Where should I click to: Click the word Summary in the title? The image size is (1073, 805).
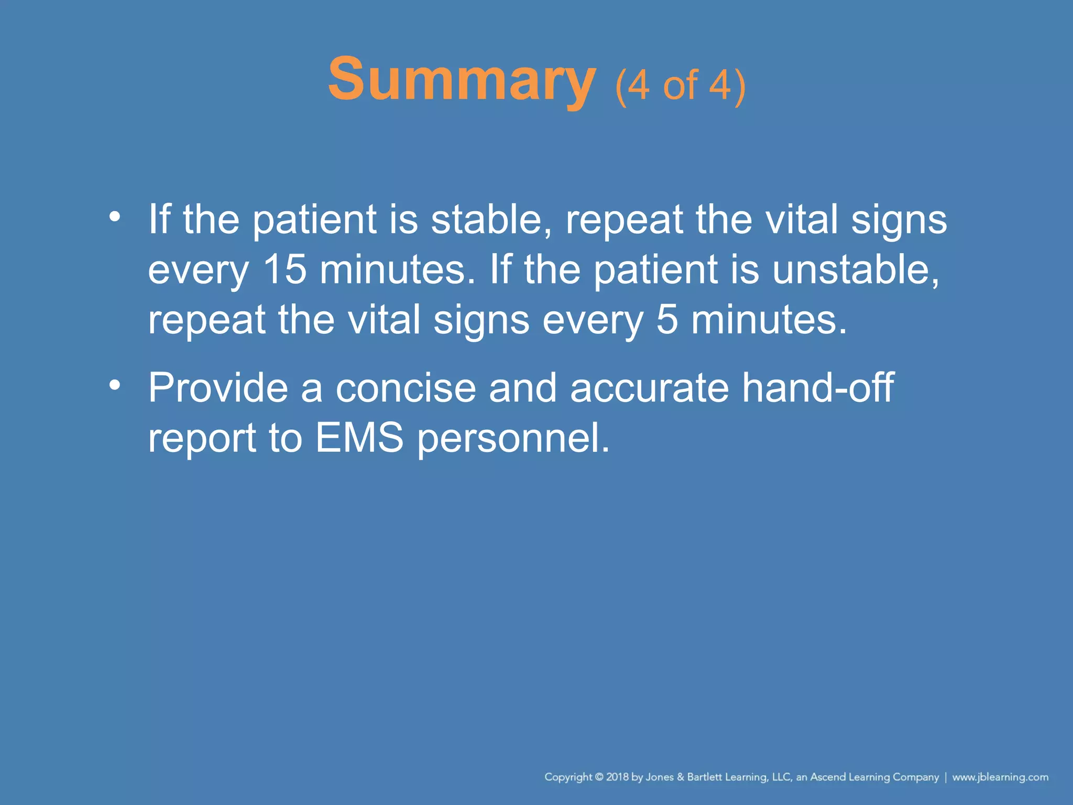click(x=461, y=80)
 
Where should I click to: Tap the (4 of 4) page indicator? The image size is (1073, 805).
click(x=680, y=85)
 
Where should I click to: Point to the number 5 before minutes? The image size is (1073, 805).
click(x=666, y=320)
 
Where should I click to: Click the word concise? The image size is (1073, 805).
click(x=406, y=388)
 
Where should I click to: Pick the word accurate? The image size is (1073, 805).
click(x=649, y=388)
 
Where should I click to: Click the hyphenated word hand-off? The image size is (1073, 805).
click(x=818, y=388)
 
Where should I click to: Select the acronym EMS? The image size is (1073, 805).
click(x=359, y=438)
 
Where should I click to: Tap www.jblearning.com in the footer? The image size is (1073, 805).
click(x=1000, y=777)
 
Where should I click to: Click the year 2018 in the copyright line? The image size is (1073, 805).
click(x=617, y=777)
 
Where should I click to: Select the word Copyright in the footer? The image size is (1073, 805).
click(x=568, y=777)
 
